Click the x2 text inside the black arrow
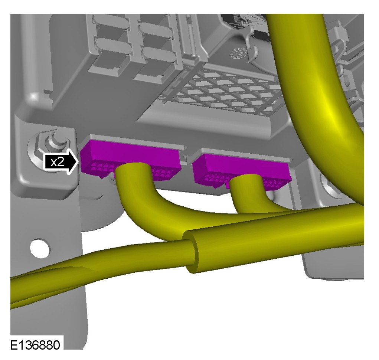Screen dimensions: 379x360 pyautogui.click(x=58, y=162)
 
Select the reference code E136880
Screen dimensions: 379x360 pyautogui.click(x=35, y=345)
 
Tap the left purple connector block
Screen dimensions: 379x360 pyautogui.click(x=131, y=160)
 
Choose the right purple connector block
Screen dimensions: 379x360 pyautogui.click(x=242, y=169)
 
